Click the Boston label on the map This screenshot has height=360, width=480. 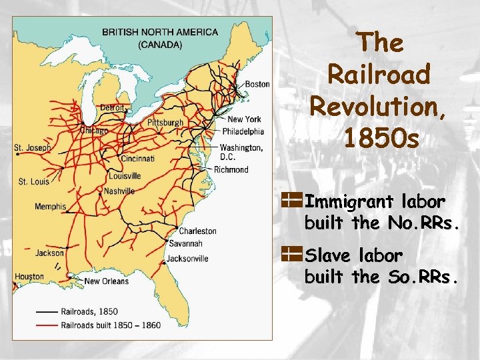[x=257, y=84]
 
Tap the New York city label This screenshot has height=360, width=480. [x=244, y=119]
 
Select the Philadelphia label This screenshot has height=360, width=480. [x=243, y=131]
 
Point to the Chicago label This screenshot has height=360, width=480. [x=94, y=131]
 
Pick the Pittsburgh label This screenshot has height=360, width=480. [x=165, y=123]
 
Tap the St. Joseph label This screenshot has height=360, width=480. [x=32, y=147]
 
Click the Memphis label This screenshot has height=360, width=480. [x=51, y=207]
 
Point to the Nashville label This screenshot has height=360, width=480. [x=119, y=191]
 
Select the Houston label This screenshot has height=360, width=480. [x=29, y=277]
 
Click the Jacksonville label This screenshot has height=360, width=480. [x=187, y=259]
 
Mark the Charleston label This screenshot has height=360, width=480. [x=197, y=231]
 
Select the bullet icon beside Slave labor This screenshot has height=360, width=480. [x=291, y=253]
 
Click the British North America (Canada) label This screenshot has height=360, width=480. [x=160, y=38]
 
